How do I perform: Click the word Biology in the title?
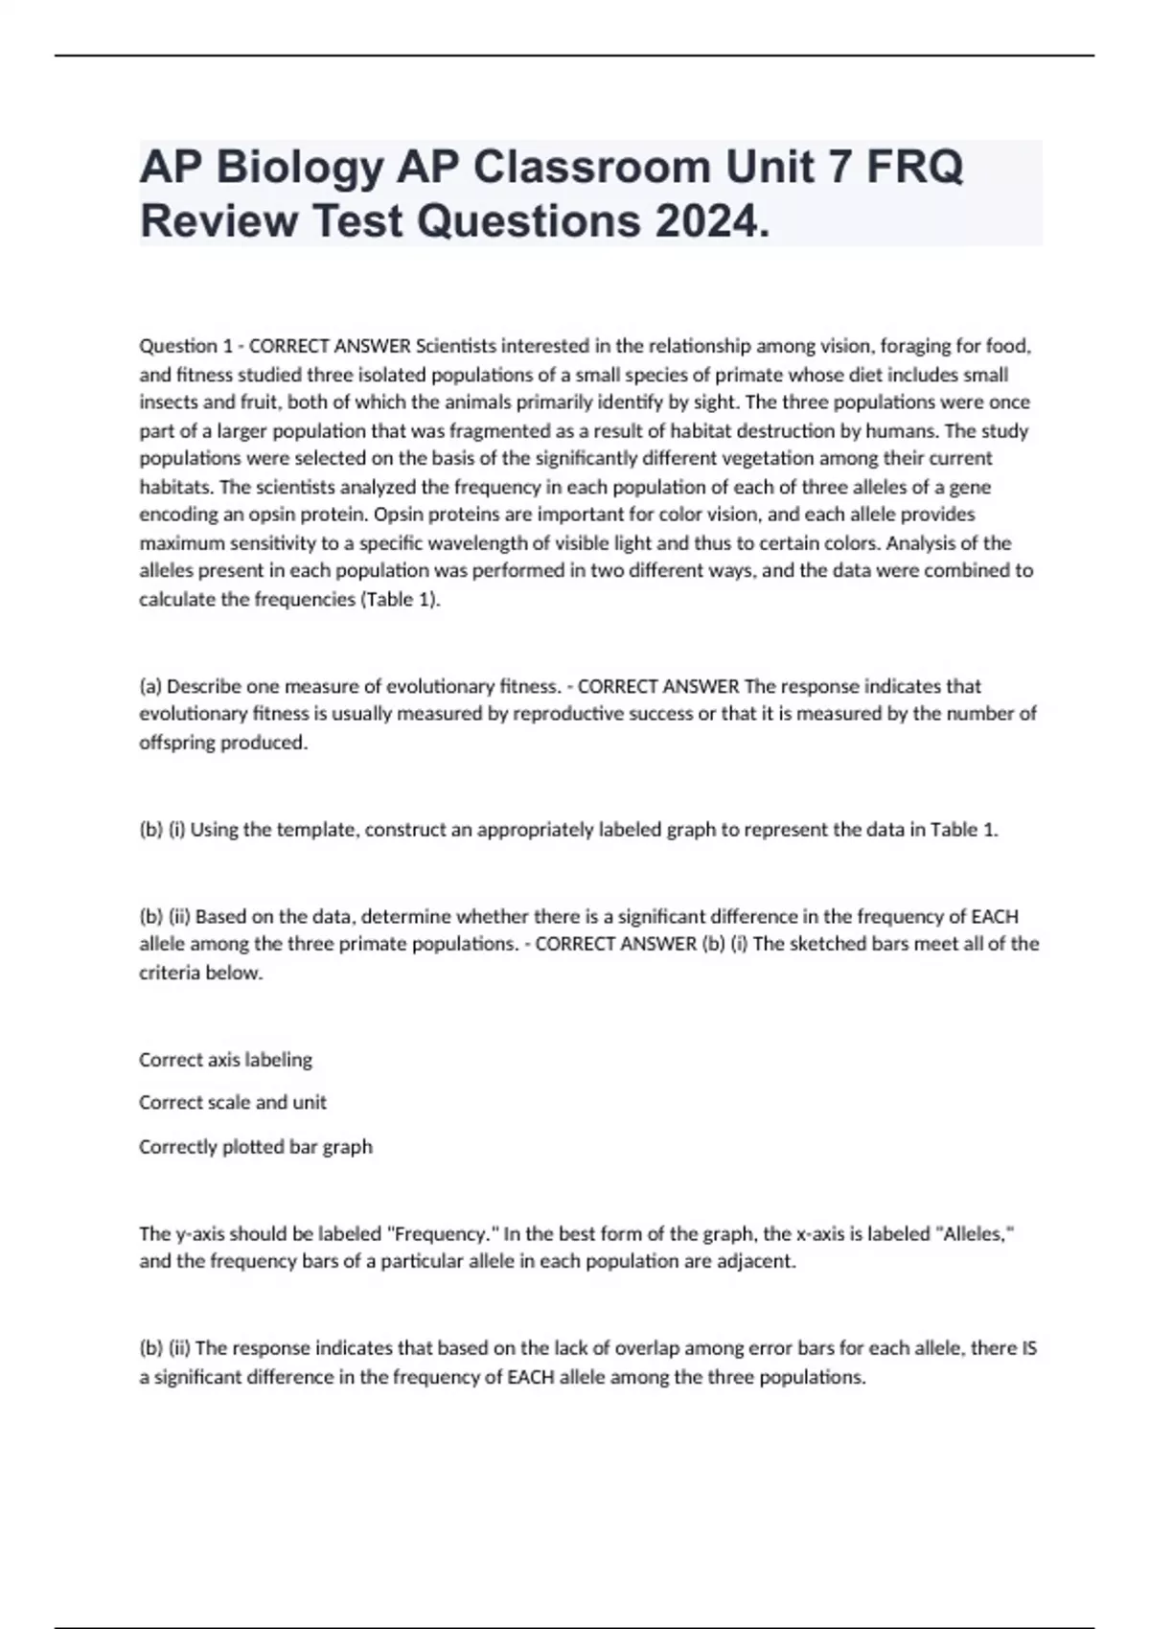point(298,169)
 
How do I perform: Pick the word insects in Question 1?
point(167,402)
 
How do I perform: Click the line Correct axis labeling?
point(225,1060)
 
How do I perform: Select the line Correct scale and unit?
point(233,1103)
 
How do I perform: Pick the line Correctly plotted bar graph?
point(256,1147)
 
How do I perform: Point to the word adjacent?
point(758,1262)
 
